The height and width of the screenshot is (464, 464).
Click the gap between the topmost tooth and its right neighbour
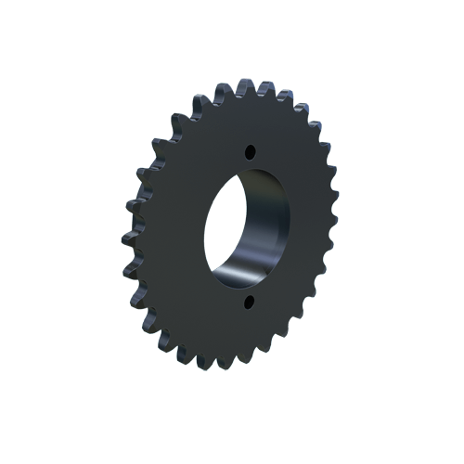pyautogui.click(x=256, y=92)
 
